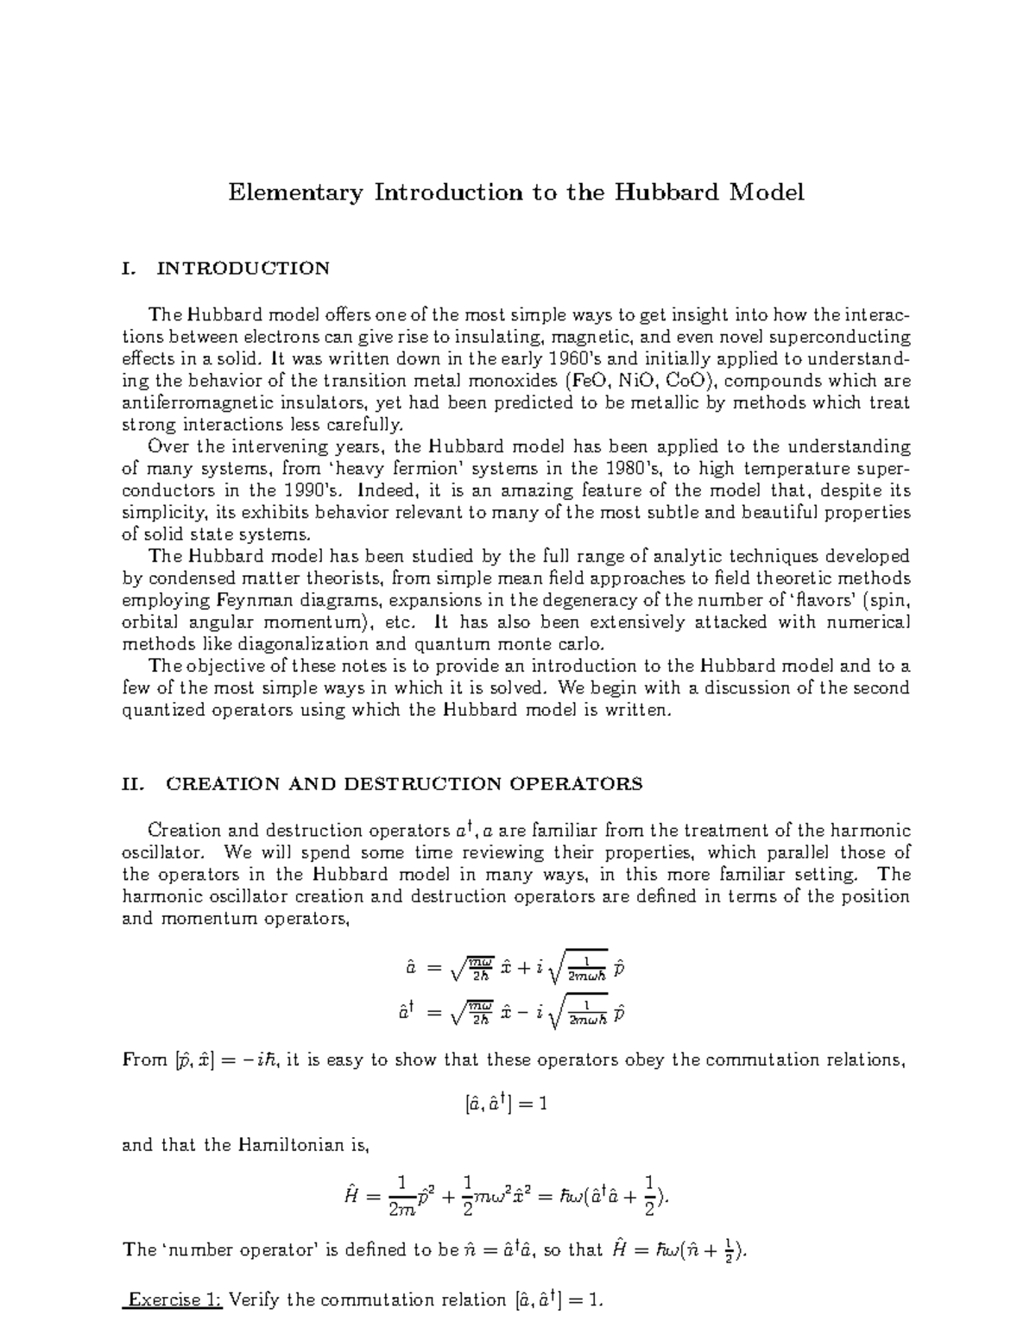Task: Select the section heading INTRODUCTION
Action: tap(243, 269)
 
